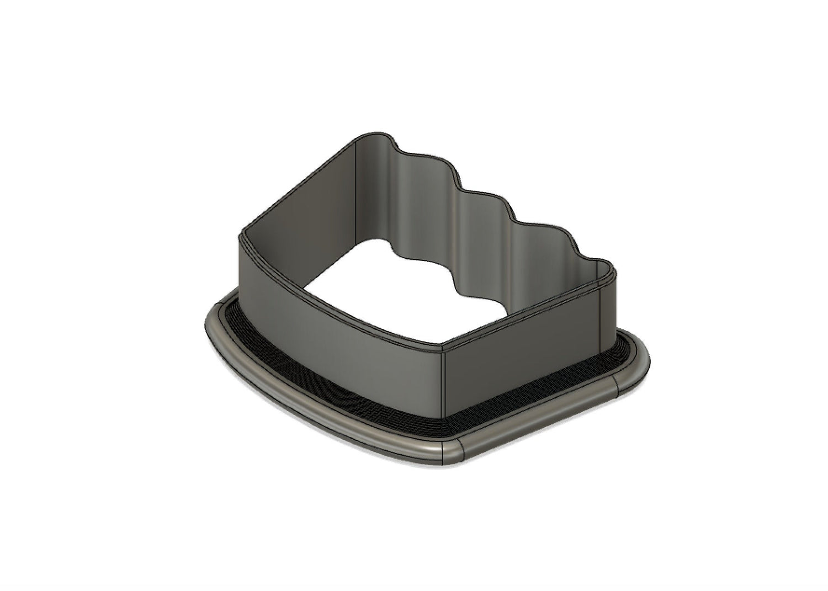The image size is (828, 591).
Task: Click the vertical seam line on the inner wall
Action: [x=356, y=177]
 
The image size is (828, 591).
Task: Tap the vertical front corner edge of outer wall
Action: [x=445, y=386]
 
